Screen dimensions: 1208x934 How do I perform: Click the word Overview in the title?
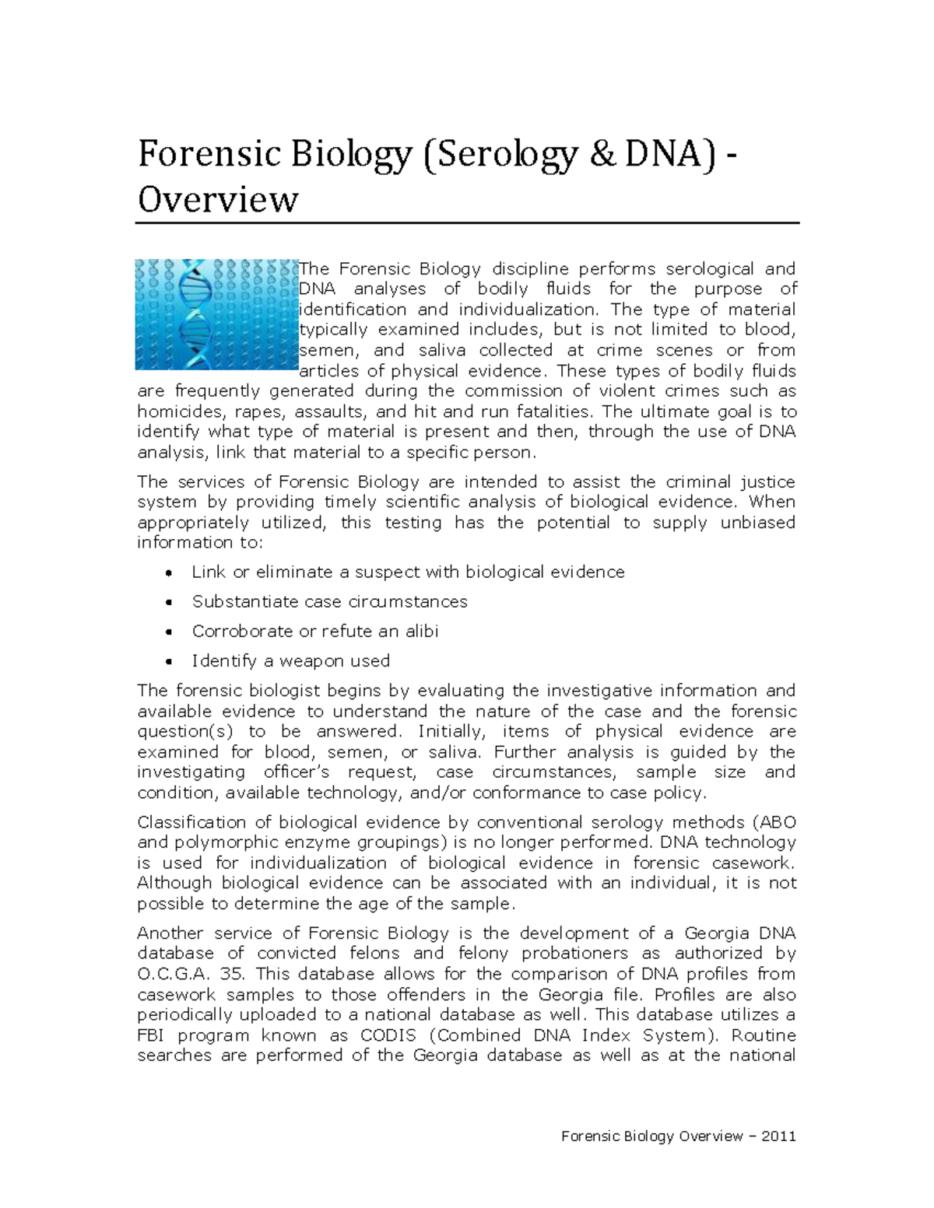click(218, 199)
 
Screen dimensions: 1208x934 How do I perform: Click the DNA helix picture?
click(216, 314)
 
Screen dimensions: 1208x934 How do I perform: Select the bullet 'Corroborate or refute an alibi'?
click(314, 631)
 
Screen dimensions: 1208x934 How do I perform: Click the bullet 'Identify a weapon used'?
click(290, 660)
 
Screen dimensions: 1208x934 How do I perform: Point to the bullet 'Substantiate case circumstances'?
click(329, 601)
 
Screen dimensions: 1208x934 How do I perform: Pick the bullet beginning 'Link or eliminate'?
click(408, 572)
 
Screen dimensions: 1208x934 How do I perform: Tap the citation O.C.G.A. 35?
click(191, 974)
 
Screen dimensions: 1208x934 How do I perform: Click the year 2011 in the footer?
click(778, 1136)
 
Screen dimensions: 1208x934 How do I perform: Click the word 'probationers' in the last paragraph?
click(575, 954)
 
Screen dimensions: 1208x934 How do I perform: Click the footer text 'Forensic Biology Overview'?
click(652, 1136)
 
